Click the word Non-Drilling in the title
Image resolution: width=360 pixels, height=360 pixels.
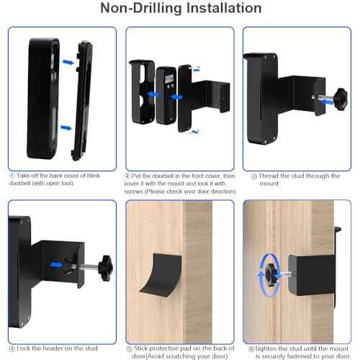[136, 9]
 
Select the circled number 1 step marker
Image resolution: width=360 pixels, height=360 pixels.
[12, 176]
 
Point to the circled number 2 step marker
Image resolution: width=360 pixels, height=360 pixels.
[128, 175]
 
